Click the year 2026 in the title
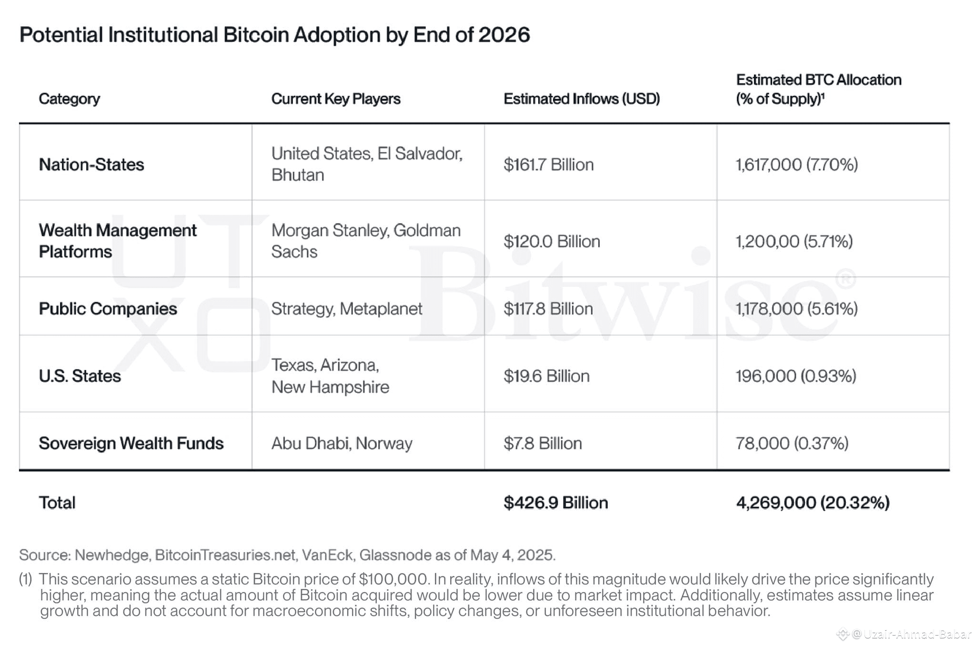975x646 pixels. (503, 35)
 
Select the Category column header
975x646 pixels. (70, 99)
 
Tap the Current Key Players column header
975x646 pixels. (336, 99)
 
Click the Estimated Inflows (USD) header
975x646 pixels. (582, 99)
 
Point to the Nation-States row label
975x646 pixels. (91, 164)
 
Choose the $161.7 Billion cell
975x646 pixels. (549, 164)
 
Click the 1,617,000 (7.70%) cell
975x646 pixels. (797, 164)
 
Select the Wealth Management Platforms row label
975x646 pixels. (118, 241)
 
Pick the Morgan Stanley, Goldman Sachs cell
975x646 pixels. (366, 241)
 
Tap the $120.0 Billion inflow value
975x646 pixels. (552, 241)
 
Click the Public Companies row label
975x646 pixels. (108, 308)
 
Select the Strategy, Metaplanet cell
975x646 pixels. (347, 308)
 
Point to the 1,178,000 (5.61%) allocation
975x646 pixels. (797, 308)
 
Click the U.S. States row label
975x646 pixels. (80, 376)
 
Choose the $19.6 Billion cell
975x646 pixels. (546, 376)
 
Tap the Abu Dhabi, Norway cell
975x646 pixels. (342, 443)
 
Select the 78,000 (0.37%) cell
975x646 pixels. (792, 443)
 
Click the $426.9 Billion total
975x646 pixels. (556, 502)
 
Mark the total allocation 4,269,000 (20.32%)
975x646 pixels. (813, 502)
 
